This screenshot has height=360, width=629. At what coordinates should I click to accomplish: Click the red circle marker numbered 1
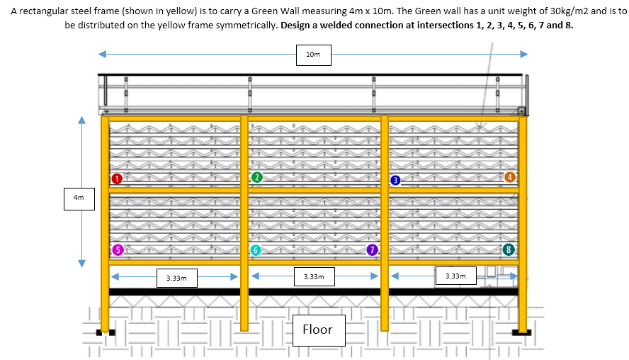118,178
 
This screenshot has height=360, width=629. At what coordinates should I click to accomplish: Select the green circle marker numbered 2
257,176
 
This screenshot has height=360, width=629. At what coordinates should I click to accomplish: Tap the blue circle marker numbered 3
395,180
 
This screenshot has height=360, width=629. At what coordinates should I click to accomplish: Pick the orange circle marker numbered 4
510,176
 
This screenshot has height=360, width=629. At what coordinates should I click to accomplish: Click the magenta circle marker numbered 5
118,249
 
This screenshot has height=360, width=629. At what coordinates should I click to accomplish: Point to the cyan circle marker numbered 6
256,250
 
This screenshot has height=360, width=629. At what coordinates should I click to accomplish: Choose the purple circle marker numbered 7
372,249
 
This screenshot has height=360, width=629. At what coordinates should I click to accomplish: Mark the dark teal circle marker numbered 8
508,249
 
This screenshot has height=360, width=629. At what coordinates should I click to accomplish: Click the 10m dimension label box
313,55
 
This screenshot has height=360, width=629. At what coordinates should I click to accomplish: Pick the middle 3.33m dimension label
314,276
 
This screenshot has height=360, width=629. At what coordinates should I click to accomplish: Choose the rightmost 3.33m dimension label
455,275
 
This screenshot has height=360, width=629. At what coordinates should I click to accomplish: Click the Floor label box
317,330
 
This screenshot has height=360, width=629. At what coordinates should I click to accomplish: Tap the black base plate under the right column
521,331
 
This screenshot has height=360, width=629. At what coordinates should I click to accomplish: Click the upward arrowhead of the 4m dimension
81,120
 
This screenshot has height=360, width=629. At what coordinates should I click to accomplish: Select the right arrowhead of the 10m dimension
524,54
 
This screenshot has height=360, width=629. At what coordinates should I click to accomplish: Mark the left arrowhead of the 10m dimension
102,54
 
